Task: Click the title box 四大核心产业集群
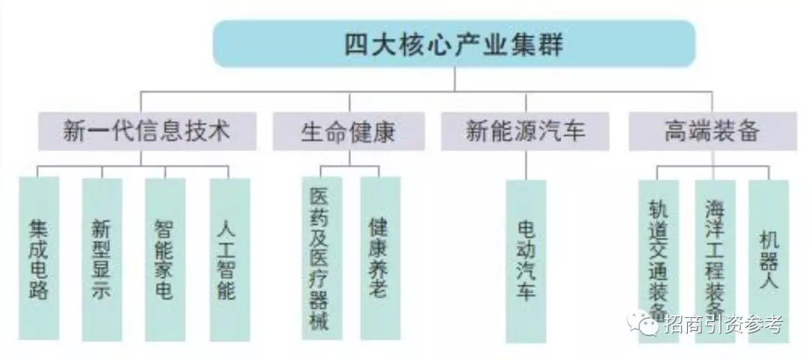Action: [x=454, y=44]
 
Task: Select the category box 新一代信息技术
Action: [x=146, y=132]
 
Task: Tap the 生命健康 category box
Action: [x=348, y=132]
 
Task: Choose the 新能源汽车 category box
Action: [x=525, y=132]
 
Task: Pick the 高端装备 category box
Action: [x=712, y=132]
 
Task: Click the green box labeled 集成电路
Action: [x=39, y=259]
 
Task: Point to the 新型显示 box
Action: [x=102, y=259]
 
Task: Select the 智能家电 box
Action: [x=165, y=259]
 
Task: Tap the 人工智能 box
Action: [x=229, y=259]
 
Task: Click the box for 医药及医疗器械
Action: [x=321, y=259]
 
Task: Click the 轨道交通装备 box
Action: [x=658, y=259]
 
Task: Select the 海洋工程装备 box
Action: [x=714, y=259]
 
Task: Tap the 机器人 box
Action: [x=769, y=259]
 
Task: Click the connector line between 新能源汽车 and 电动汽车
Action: [x=526, y=165]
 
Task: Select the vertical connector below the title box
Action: [x=454, y=79]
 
